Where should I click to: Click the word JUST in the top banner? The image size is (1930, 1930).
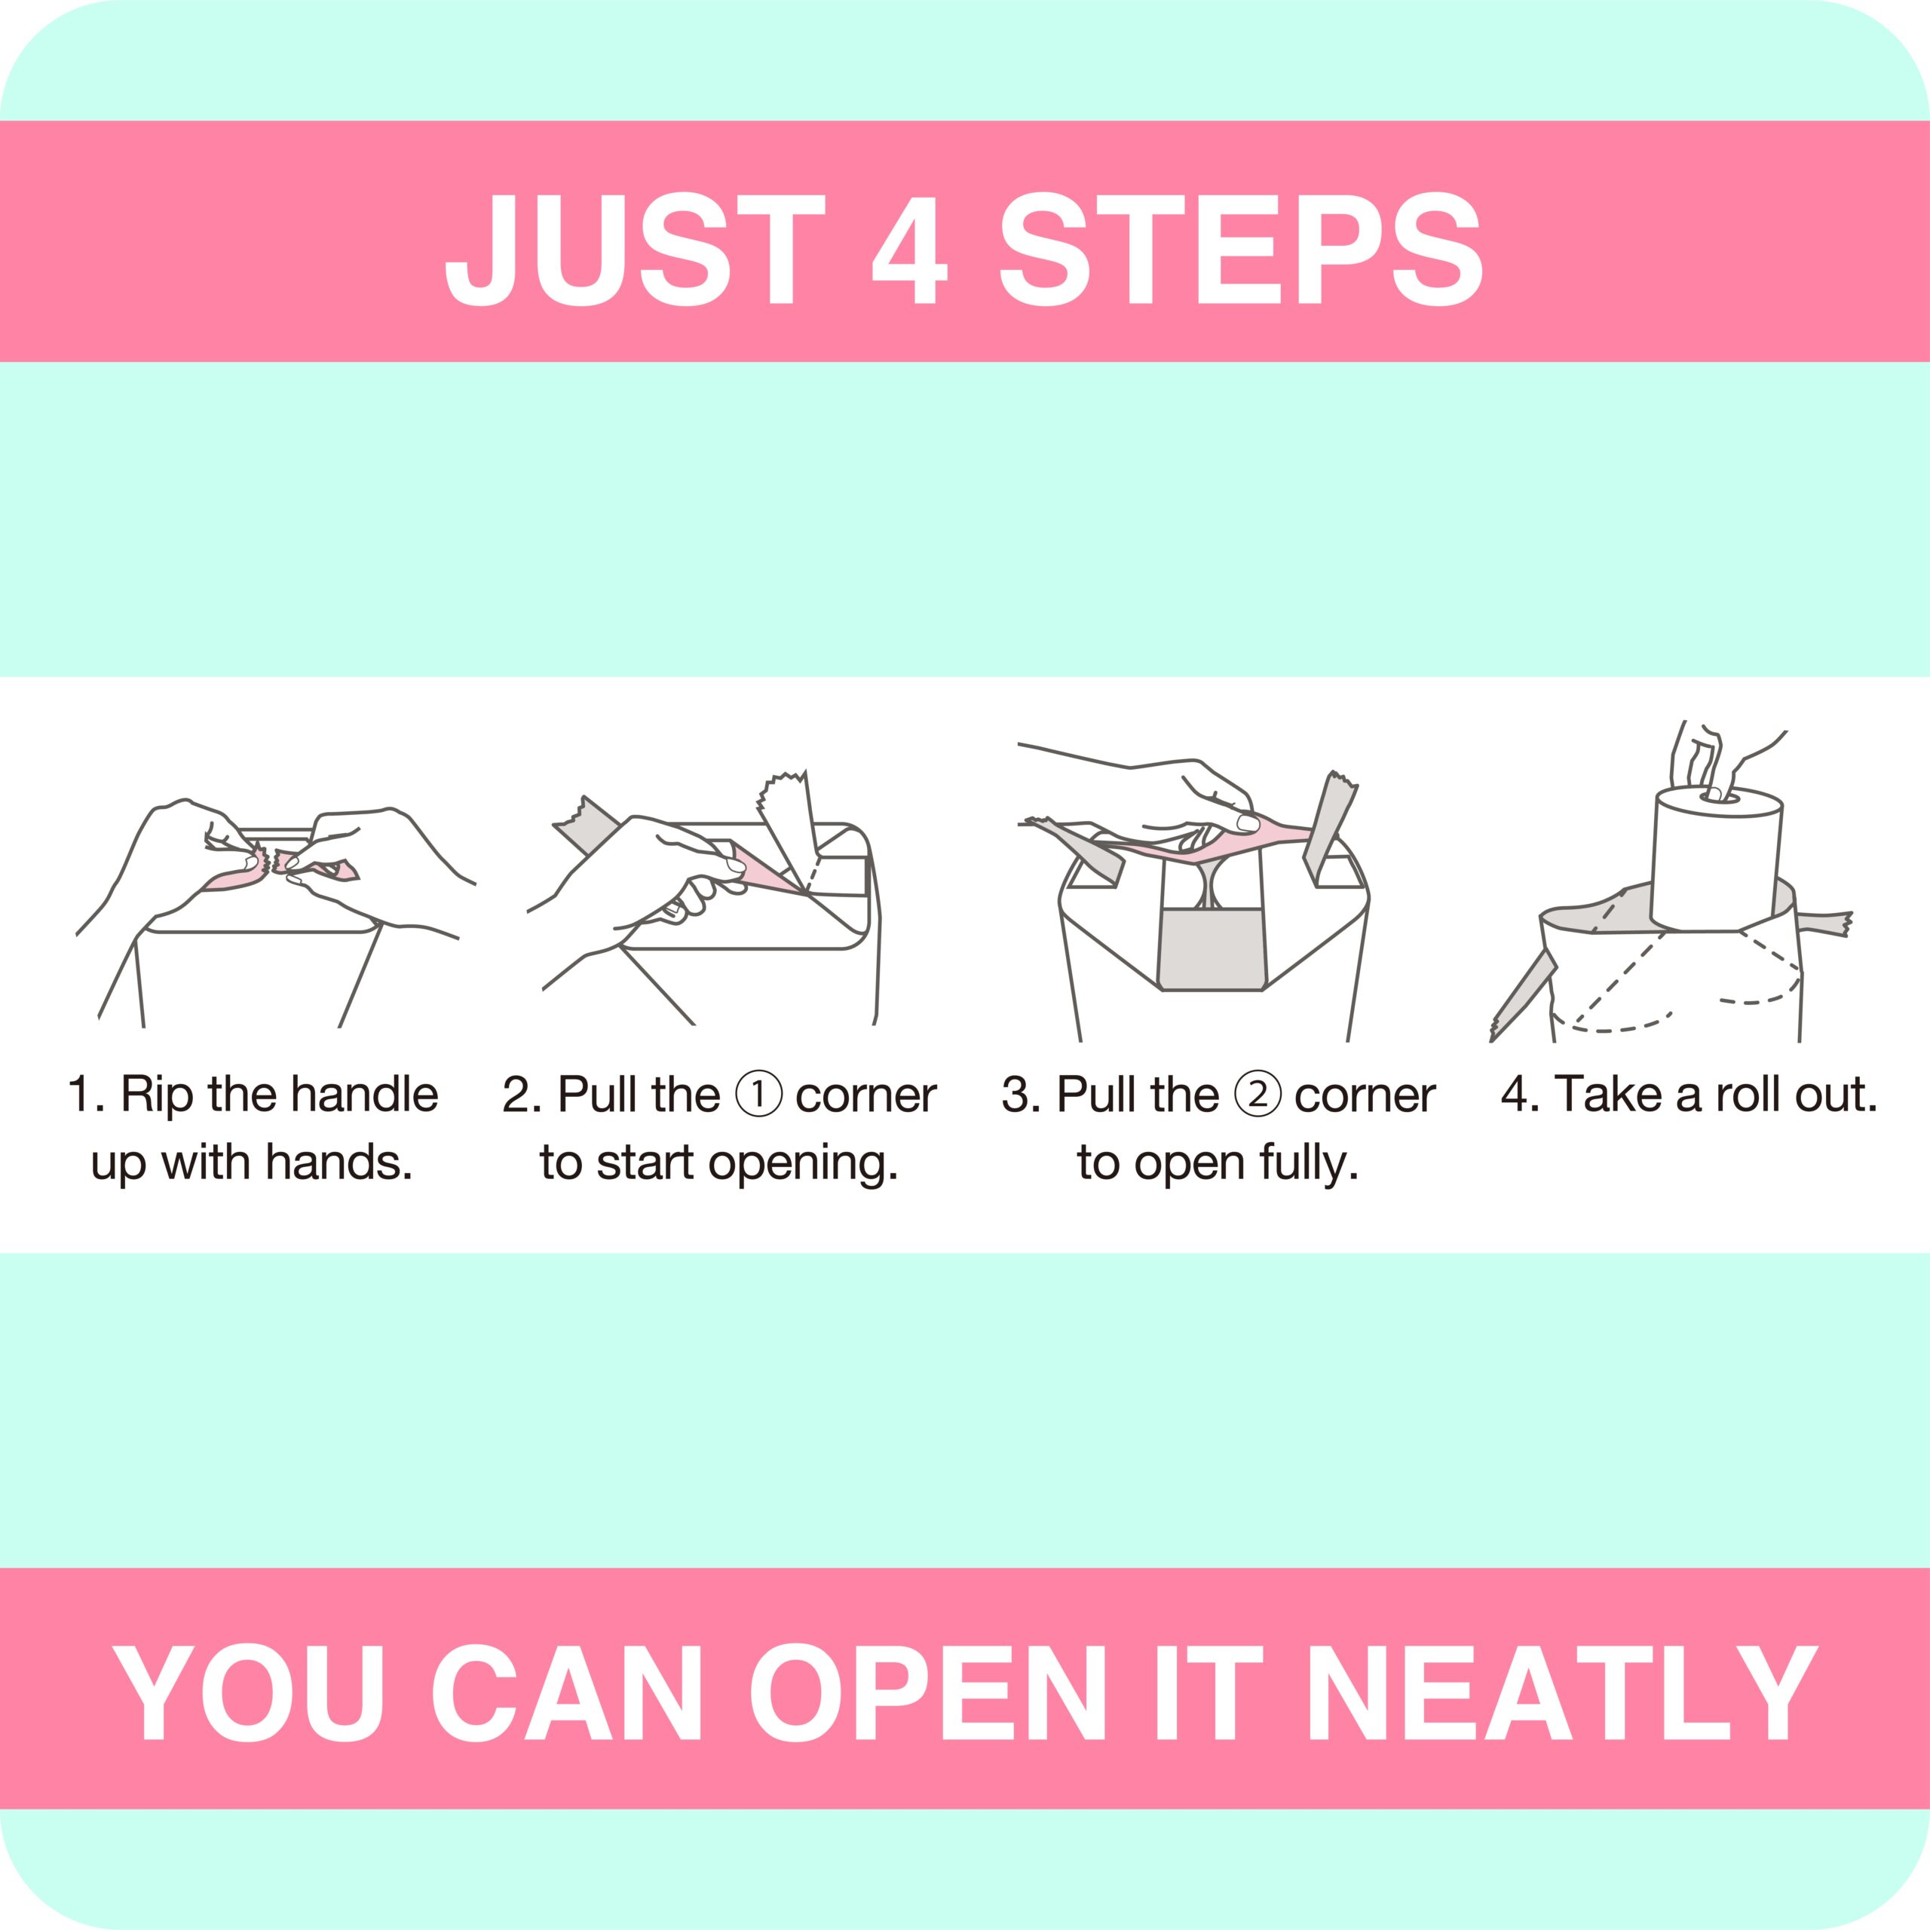(636, 249)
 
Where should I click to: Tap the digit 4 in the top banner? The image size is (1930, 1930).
(909, 249)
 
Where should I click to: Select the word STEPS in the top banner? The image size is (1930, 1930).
(1242, 249)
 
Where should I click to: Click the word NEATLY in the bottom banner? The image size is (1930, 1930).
(1561, 1694)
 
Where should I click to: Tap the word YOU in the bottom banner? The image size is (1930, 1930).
(249, 1694)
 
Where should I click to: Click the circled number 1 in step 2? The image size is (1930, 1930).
(759, 1094)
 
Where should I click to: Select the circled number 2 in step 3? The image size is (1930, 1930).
(1258, 1094)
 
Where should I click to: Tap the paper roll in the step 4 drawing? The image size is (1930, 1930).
(1716, 859)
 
